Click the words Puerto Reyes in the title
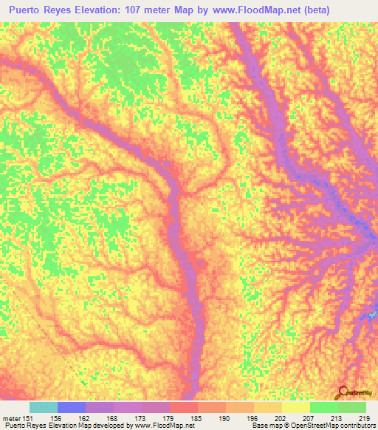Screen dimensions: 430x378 coord(43,10)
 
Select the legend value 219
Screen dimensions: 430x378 coord(363,418)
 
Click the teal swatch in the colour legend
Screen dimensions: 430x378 coord(43,407)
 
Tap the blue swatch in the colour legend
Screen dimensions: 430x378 coord(71,407)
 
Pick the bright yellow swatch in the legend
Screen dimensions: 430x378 coord(296,407)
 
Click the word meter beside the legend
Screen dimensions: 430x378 coord(11,418)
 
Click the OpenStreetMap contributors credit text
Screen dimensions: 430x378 coord(331,426)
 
